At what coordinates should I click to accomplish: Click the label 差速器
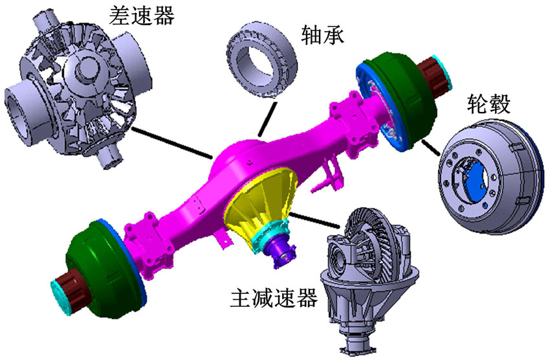click(x=141, y=16)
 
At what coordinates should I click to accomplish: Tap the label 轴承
click(x=322, y=35)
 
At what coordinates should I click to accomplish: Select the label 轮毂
click(x=489, y=104)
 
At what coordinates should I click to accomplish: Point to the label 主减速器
click(x=274, y=298)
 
